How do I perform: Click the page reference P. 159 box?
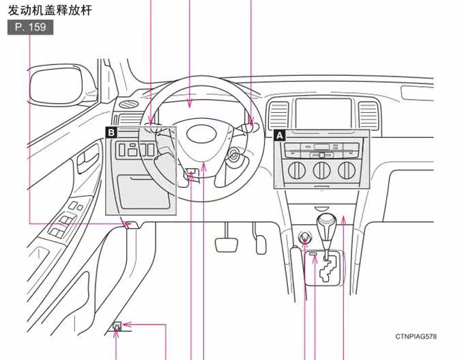point(30,27)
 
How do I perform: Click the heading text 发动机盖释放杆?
point(50,10)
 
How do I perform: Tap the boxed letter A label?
point(279,135)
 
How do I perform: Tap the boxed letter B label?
point(111,133)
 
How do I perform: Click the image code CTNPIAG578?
point(416,336)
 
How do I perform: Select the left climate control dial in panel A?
point(296,170)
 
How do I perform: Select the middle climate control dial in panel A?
point(321,170)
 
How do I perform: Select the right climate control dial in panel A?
point(347,170)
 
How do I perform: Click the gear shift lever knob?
point(326,223)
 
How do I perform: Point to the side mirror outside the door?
point(55,86)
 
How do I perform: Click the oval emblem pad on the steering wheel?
point(202,134)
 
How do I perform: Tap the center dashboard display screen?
point(323,113)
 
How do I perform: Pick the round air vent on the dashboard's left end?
point(129,104)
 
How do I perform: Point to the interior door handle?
point(87,158)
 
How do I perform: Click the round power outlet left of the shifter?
point(305,237)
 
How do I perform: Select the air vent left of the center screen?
point(278,115)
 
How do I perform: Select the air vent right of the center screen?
point(369,116)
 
